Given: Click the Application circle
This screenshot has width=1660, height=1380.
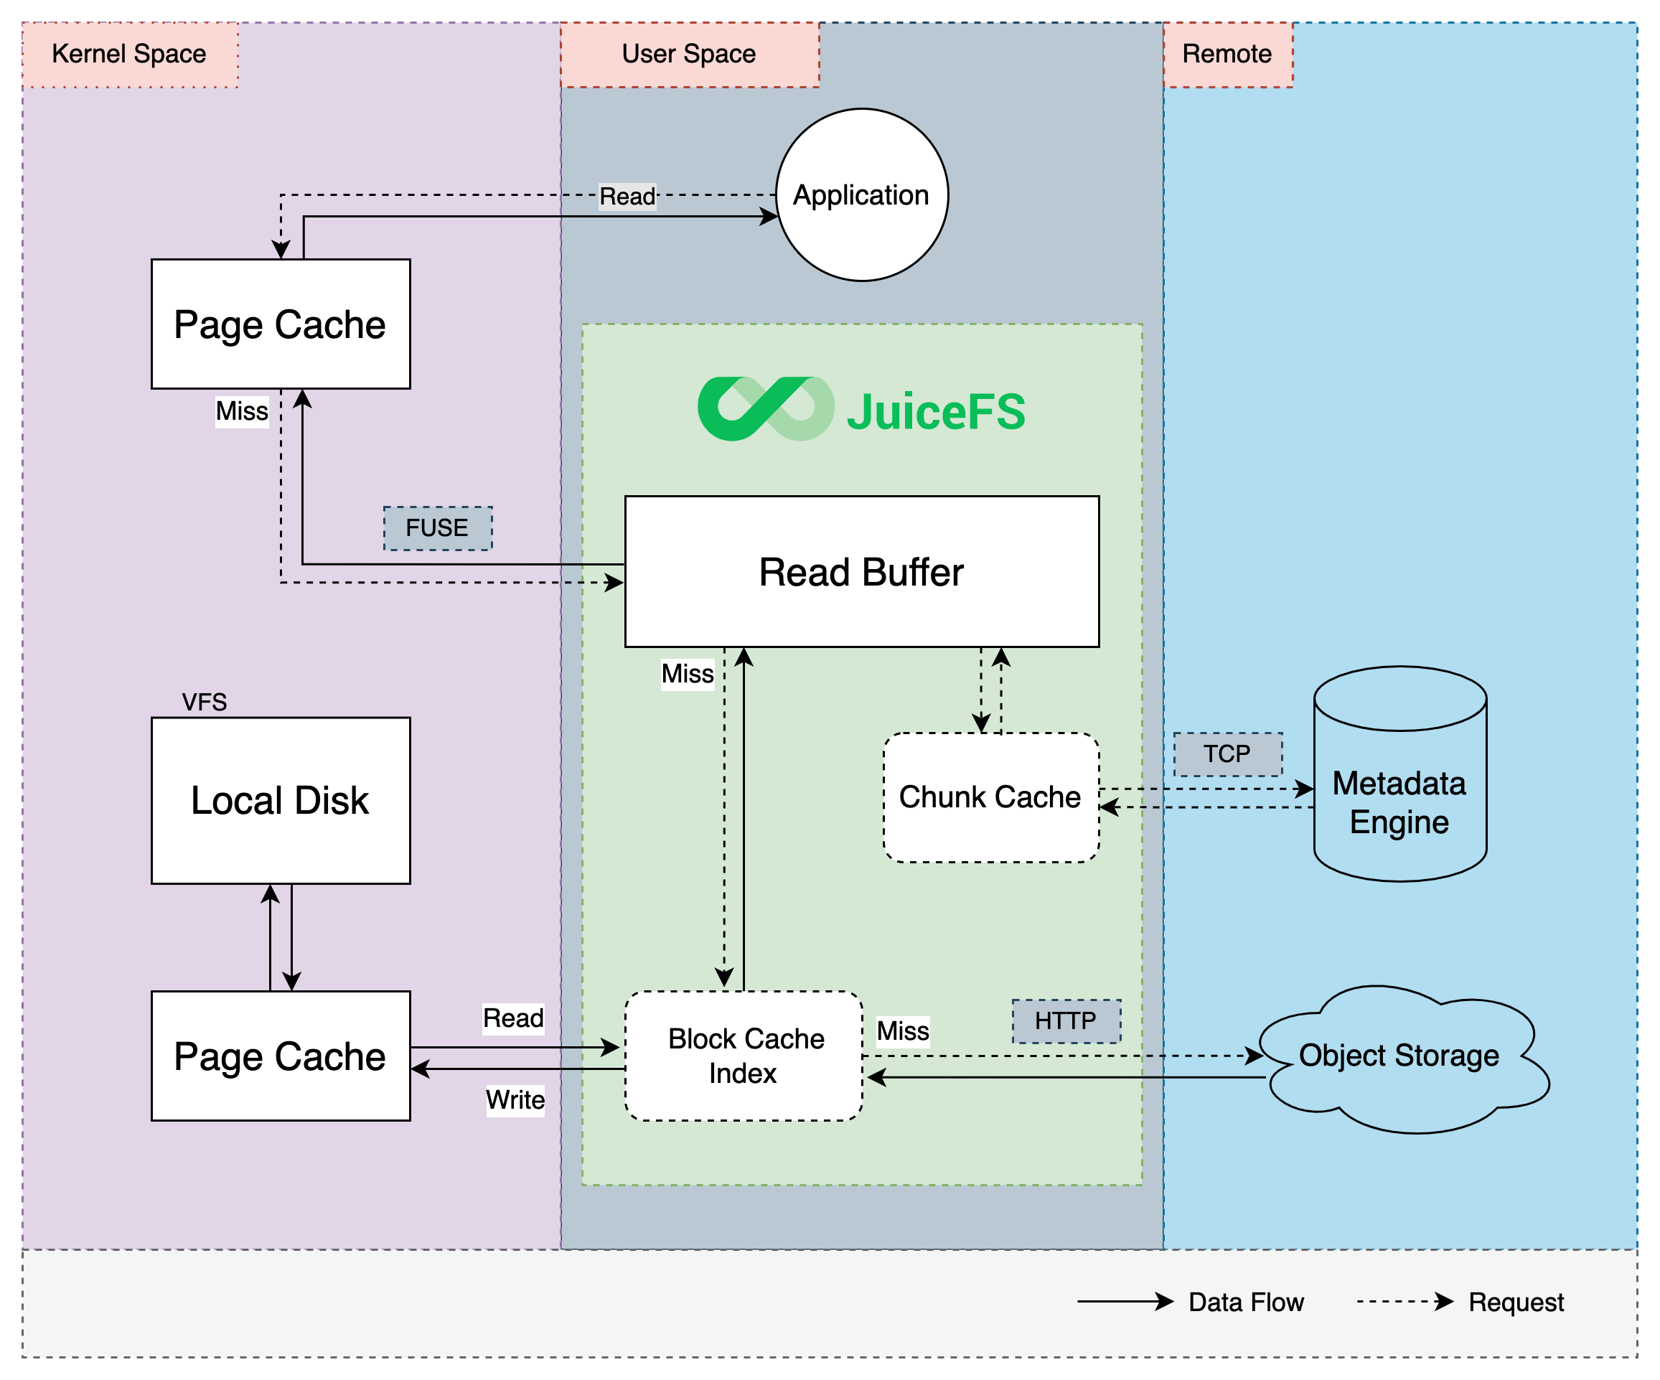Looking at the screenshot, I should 862,194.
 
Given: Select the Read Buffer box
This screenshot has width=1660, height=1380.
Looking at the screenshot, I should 862,571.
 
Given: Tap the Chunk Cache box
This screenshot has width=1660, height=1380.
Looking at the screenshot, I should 990,797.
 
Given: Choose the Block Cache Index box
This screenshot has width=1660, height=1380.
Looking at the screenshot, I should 744,1055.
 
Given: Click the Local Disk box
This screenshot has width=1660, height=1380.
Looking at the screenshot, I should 281,800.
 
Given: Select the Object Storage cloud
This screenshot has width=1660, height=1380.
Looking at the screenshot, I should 1400,1056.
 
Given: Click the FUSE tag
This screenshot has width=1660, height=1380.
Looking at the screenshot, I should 437,528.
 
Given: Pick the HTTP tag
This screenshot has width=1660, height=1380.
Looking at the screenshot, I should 1066,1020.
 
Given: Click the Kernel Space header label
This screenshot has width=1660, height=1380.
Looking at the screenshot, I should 130,54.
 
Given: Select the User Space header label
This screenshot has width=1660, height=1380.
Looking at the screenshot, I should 689,54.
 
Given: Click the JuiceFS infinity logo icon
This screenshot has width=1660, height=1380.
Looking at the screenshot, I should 765,408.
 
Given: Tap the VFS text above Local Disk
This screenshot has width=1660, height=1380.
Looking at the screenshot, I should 204,702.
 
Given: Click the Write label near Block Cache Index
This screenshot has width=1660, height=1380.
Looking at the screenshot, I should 515,1099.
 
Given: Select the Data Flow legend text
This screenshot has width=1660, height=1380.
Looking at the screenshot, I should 1246,1302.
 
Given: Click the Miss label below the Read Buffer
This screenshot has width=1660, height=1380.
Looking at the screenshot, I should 688,673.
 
